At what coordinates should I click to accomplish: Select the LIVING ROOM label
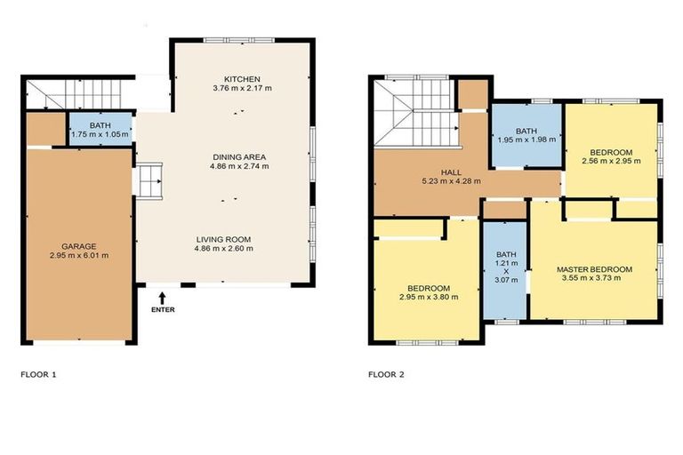pyautogui.click(x=225, y=239)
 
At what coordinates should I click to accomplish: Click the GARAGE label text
pyautogui.click(x=78, y=246)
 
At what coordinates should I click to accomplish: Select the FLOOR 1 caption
pyautogui.click(x=38, y=374)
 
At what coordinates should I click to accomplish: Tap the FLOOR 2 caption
pyautogui.click(x=386, y=374)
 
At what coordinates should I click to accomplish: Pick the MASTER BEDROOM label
pyautogui.click(x=594, y=269)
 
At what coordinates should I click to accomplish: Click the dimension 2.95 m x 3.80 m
pyautogui.click(x=429, y=298)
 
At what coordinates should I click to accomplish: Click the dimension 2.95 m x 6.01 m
pyautogui.click(x=78, y=256)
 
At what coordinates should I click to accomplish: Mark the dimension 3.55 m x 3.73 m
pyautogui.click(x=594, y=279)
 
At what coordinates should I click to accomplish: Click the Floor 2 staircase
pyautogui.click(x=414, y=114)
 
